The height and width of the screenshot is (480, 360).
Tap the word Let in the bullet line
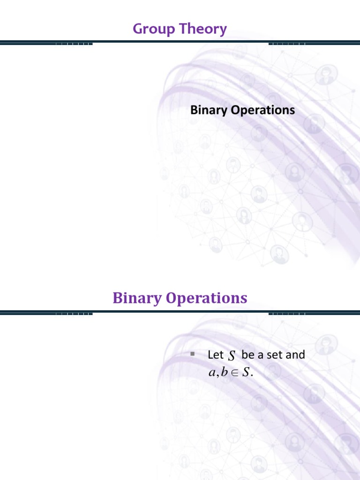click(x=215, y=355)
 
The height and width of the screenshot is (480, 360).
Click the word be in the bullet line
click(x=248, y=355)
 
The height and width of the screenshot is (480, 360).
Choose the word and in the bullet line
click(x=295, y=355)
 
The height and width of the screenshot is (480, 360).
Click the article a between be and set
click(x=260, y=355)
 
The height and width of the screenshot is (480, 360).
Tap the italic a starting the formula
click(x=211, y=374)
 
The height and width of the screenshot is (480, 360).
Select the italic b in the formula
click(x=223, y=373)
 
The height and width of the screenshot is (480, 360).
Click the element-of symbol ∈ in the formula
click(x=234, y=374)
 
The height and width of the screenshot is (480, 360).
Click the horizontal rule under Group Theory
click(x=180, y=43)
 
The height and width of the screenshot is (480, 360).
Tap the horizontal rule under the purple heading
click(x=180, y=312)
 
